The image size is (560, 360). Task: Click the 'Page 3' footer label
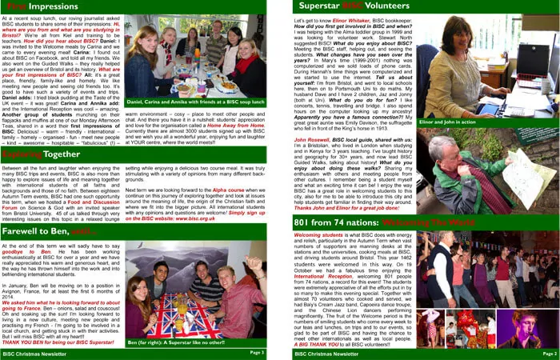click(x=257, y=352)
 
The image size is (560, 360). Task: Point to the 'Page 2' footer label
click(x=549, y=352)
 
